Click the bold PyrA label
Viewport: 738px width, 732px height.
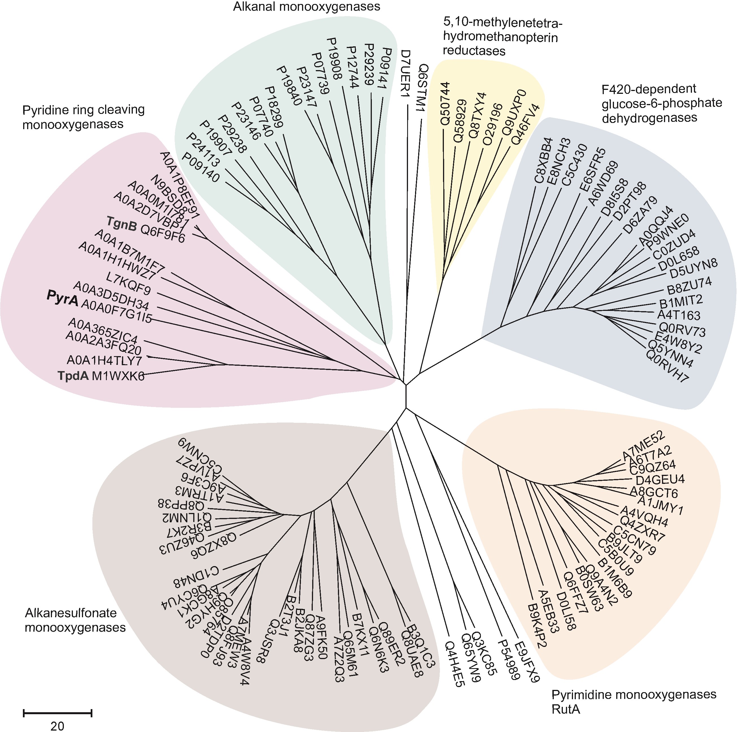[x=62, y=298]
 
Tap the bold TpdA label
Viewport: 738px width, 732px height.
[x=73, y=376]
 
